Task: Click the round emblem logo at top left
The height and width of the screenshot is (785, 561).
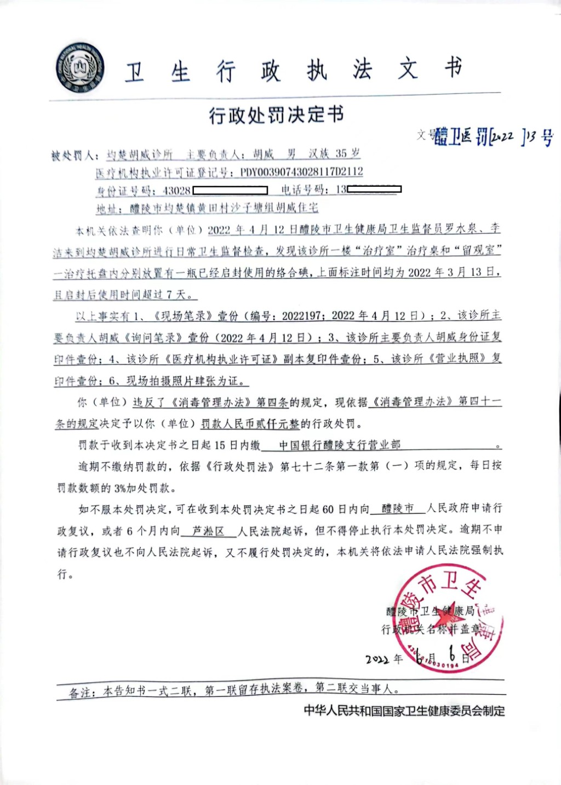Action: pos(80,67)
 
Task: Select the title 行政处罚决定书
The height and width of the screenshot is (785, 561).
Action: pos(276,114)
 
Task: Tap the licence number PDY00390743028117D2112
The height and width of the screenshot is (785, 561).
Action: pos(301,172)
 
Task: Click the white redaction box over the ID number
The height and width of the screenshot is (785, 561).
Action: pos(230,191)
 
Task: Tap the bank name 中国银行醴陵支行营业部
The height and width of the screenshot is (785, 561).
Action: pos(340,445)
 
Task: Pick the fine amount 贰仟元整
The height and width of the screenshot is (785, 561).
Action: pos(276,423)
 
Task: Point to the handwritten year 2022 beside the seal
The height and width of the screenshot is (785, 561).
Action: pos(377,659)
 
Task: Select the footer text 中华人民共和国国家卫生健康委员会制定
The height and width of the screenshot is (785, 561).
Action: pos(404,711)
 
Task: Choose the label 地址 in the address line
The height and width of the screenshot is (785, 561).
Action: pos(107,209)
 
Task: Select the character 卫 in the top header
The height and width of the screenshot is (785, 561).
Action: pos(135,72)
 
